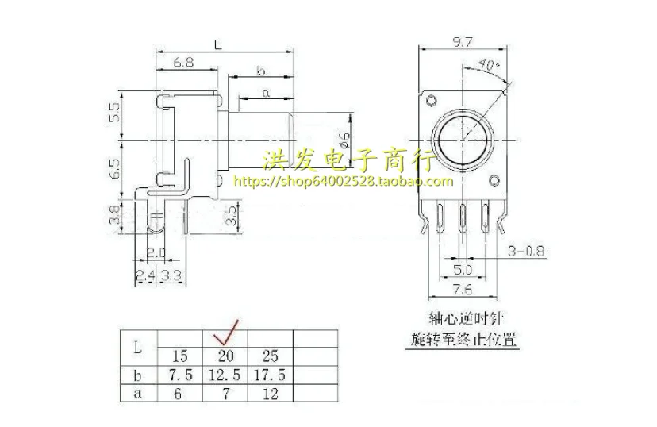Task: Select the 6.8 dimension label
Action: click(182, 61)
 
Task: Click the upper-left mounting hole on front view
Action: click(431, 100)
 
